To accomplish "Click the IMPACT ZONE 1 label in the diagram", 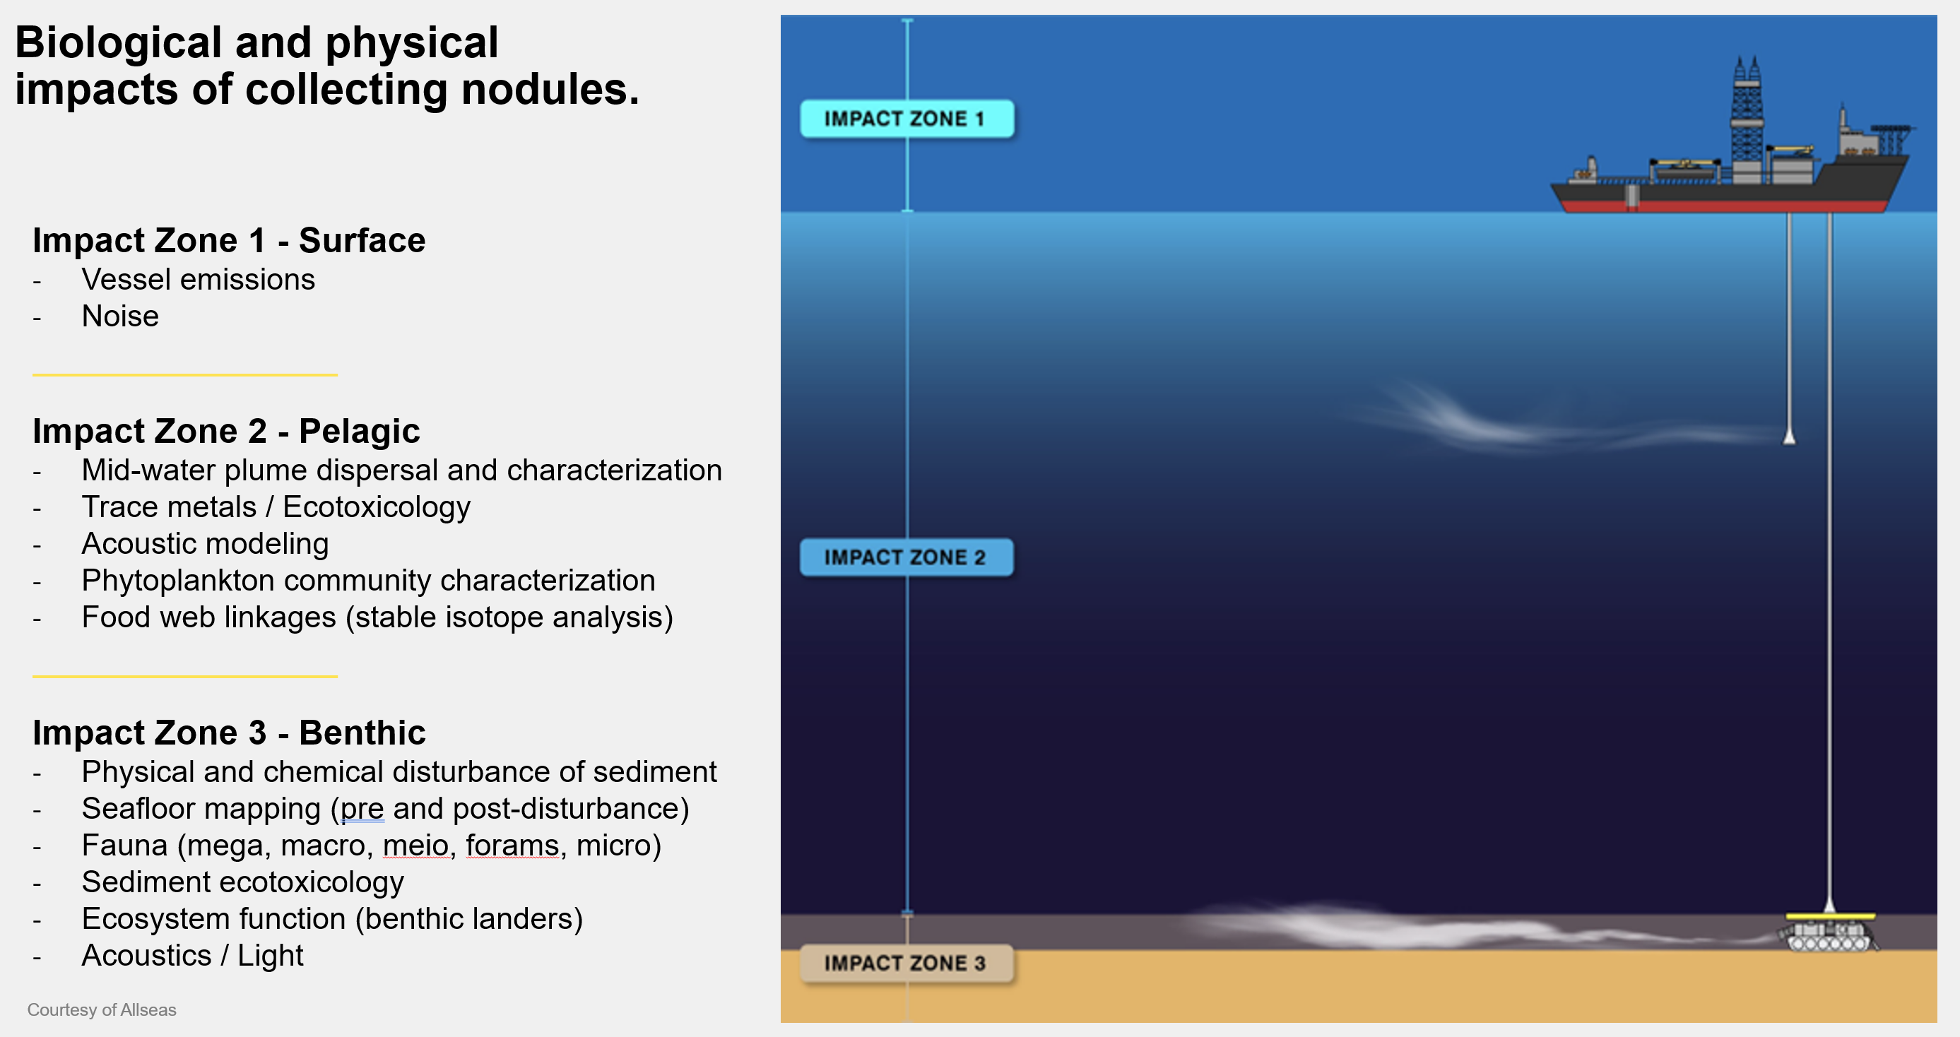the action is pos(907,119).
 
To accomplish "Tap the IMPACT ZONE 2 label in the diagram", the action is pos(907,557).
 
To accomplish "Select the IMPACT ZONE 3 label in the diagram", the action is pos(907,964).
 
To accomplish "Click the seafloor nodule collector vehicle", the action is pos(1830,932).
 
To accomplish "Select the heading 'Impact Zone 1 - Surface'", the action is pos(229,240).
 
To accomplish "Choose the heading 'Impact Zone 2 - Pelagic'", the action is pos(226,431).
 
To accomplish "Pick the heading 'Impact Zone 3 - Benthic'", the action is pos(229,733).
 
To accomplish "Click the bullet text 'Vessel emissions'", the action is pos(198,280).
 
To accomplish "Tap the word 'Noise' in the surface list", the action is pos(120,316).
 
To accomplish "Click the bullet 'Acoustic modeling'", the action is pos(206,544).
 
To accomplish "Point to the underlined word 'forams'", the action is pos(512,846).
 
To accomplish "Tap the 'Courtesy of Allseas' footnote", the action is pos(102,1009).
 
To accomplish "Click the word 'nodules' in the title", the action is pos(549,89).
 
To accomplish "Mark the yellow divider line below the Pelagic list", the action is pos(185,675).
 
